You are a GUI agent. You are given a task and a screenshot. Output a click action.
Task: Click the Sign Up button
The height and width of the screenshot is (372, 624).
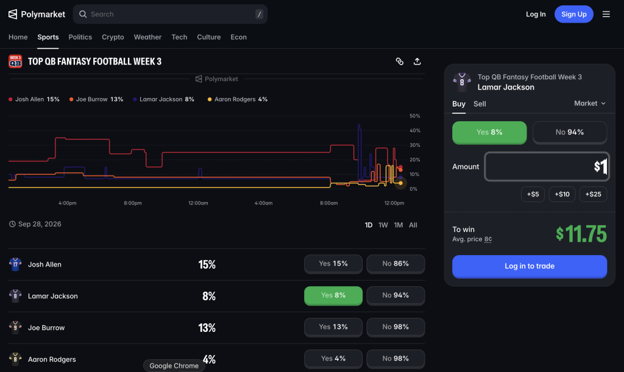click(x=573, y=15)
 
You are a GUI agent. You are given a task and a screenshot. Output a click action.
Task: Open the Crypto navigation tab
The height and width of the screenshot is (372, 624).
click(x=113, y=37)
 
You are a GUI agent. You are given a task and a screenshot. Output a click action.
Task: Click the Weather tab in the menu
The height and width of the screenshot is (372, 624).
click(x=147, y=37)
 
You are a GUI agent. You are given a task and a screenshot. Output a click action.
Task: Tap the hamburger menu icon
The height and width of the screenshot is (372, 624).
click(x=606, y=15)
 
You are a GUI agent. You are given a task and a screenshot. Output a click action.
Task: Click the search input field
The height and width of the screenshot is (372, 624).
click(x=170, y=15)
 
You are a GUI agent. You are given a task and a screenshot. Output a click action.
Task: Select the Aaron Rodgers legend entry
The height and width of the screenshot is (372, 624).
click(x=238, y=99)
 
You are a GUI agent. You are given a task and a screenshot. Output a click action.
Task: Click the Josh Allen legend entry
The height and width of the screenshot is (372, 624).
click(x=34, y=99)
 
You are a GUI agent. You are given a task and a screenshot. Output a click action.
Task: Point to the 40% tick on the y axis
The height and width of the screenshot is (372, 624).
click(x=414, y=130)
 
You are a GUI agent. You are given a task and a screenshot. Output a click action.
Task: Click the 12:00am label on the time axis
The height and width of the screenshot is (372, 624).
click(x=198, y=203)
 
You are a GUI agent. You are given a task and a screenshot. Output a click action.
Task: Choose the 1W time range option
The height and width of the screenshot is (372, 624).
click(x=383, y=225)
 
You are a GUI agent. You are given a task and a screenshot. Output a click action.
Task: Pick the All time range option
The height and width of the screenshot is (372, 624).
click(x=413, y=225)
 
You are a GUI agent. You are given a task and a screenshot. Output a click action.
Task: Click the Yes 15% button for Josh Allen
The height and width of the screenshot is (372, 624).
click(x=333, y=264)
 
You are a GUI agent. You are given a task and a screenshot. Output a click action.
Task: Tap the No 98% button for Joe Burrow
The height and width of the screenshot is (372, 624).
click(x=395, y=327)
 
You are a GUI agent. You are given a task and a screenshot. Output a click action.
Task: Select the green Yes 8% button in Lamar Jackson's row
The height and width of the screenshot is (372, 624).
click(x=333, y=295)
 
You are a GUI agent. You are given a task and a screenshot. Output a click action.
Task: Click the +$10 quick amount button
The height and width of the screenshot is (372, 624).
click(x=562, y=194)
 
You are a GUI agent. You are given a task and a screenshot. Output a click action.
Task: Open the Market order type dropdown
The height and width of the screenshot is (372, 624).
click(x=590, y=104)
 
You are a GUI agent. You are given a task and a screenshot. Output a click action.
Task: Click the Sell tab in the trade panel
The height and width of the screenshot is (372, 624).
click(x=480, y=104)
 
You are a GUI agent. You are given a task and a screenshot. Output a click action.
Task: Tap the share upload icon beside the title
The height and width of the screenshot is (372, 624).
click(x=417, y=61)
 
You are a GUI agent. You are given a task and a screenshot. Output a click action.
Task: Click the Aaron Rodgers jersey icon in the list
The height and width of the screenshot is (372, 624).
click(x=15, y=359)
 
